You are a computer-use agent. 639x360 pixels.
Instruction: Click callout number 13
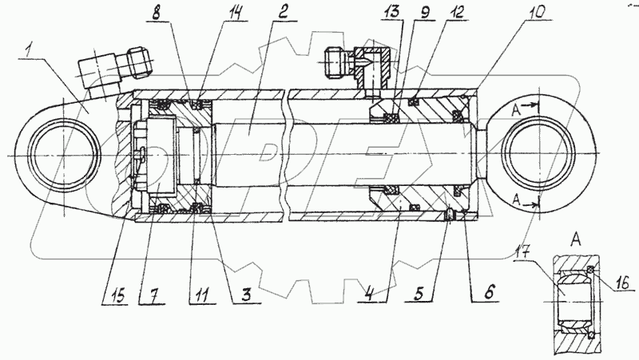tap(391, 13)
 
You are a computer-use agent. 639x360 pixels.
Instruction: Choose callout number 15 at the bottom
tap(117, 295)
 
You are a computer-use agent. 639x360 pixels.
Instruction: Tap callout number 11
tap(203, 295)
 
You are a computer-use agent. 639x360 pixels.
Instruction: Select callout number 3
tap(246, 295)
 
